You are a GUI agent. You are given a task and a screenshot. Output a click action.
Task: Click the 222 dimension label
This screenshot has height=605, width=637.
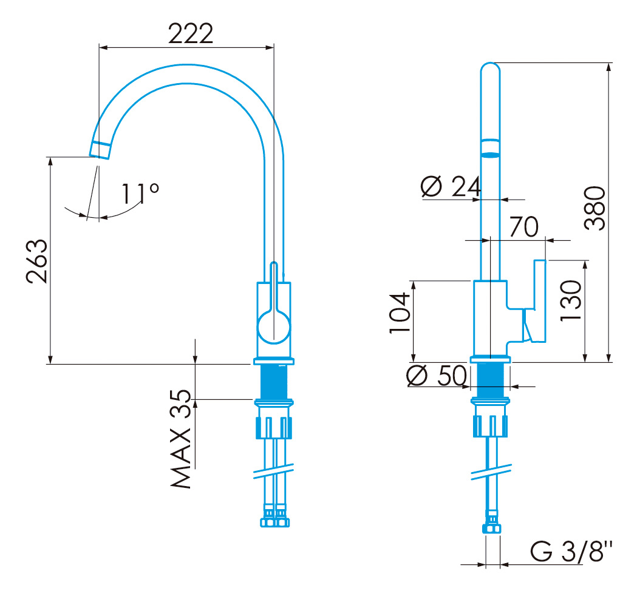(191, 33)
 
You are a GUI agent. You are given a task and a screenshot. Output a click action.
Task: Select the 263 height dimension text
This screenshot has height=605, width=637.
(36, 261)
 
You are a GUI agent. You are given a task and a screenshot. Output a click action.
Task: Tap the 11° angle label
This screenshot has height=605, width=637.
(140, 194)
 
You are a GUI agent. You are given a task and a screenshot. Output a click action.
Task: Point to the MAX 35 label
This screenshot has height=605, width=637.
(180, 439)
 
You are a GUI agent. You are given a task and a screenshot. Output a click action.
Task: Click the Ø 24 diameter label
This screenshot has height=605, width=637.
(451, 187)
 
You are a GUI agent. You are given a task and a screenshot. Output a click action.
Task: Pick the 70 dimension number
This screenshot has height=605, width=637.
(524, 226)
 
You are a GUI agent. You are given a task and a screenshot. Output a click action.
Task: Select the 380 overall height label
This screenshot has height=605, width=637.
(594, 208)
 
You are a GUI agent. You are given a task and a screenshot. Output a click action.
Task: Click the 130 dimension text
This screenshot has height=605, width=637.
(571, 301)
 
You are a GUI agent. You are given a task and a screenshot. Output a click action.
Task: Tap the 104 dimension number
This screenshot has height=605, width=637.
(400, 313)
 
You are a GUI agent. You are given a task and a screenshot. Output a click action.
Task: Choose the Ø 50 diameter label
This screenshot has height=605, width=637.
(437, 375)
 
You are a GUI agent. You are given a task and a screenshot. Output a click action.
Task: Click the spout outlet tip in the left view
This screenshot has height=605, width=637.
(100, 150)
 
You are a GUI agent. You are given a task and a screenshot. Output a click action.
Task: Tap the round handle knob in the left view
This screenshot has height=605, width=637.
(274, 327)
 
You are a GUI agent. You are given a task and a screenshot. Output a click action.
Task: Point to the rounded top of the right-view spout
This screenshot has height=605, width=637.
(490, 69)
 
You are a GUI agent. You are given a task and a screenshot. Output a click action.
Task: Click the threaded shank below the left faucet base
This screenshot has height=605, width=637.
(274, 382)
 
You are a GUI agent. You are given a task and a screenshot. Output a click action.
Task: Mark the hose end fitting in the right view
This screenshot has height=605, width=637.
(492, 524)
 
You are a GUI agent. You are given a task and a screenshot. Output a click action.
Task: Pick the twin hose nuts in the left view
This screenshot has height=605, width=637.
(274, 516)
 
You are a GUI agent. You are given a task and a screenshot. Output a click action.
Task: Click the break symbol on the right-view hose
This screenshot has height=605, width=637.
(491, 472)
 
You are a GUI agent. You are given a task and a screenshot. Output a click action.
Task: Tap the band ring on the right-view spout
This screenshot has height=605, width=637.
(490, 148)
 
